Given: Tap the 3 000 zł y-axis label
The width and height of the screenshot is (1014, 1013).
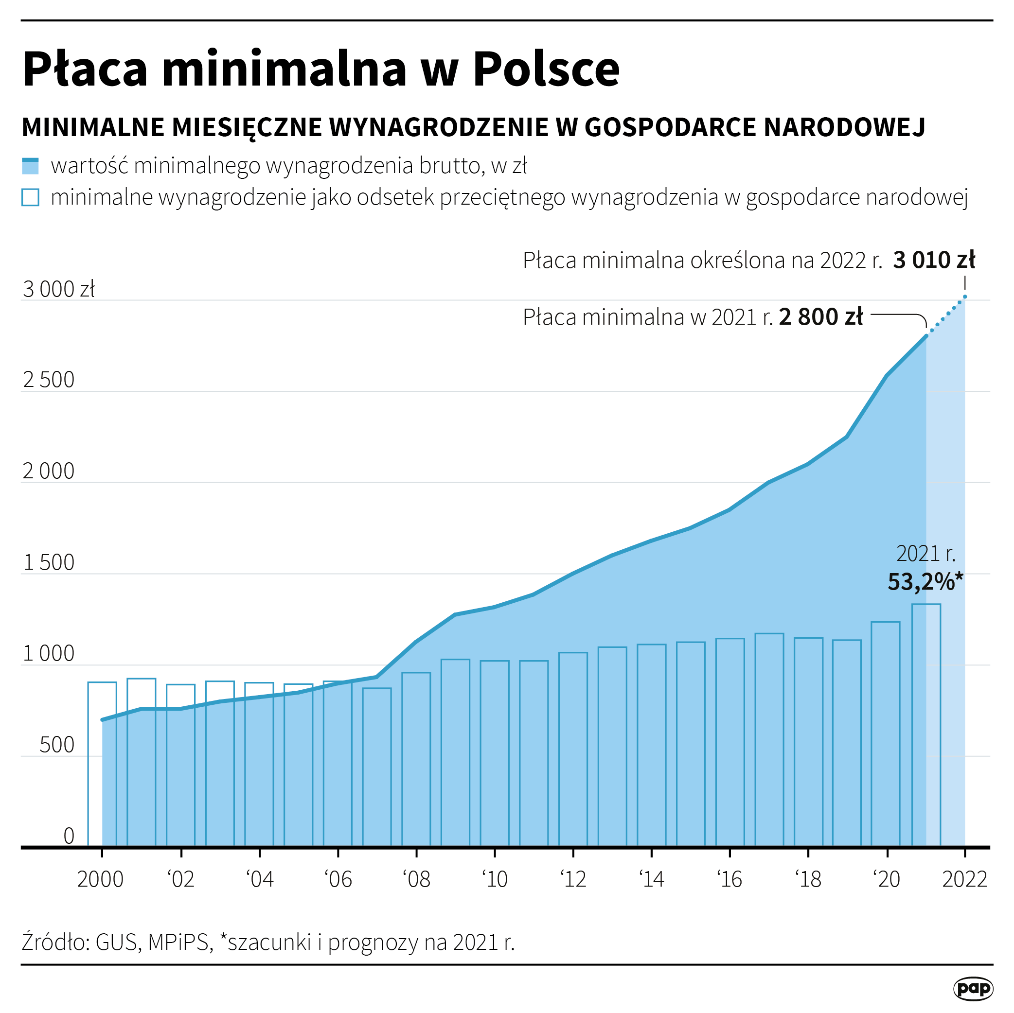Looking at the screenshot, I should (x=59, y=289).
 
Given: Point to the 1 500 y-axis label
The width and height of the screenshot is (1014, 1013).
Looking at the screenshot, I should (x=49, y=563).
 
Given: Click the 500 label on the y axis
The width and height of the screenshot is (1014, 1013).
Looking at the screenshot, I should (x=57, y=745).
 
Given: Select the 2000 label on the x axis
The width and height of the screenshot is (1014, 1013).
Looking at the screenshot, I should (x=100, y=880).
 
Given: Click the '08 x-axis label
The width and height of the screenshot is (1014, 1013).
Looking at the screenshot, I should (x=416, y=880).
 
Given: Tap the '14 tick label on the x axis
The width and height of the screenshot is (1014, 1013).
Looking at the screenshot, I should (x=651, y=880).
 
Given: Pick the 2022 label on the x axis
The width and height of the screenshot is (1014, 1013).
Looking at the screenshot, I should (x=965, y=880).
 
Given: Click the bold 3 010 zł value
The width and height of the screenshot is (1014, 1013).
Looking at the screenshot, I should (x=934, y=260).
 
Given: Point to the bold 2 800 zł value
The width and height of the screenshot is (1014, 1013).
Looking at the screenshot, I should (x=821, y=317).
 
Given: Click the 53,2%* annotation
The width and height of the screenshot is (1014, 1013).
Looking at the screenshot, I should (x=925, y=582).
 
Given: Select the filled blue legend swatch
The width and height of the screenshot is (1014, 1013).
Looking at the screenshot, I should (x=31, y=166).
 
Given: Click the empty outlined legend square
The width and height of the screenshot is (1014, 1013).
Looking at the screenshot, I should (x=31, y=198).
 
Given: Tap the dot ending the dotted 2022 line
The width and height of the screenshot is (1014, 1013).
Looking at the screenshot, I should (x=965, y=297).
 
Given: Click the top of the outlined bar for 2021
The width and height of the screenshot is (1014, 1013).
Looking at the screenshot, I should (x=926, y=604).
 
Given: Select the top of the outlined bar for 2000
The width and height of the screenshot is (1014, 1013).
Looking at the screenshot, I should (x=102, y=682).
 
